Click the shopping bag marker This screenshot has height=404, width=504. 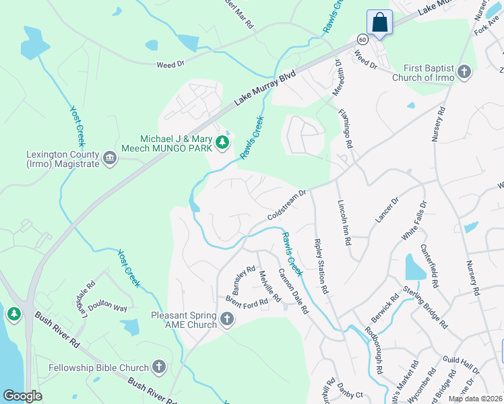coord(380,22)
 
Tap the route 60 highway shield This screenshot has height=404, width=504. coord(363,40)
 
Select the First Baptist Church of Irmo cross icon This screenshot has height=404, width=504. coord(464,72)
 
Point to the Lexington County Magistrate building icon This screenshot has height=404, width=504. coord(110,159)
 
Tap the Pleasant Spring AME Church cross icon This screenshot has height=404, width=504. coord(226,318)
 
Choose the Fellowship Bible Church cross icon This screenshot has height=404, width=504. coord(159,368)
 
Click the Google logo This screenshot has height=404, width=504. coord(22,396)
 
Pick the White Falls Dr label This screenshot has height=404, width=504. coord(415,222)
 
